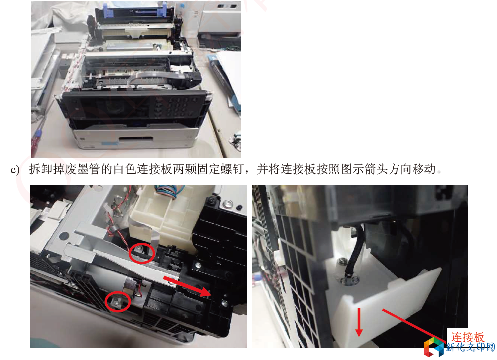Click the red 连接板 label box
pyautogui.click(x=467, y=337)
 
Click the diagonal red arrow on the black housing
pyautogui.click(x=187, y=286)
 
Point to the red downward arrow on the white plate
pyautogui.click(x=359, y=322)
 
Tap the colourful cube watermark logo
pyautogui.click(x=434, y=347)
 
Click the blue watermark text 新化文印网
pyautogui.click(x=470, y=347)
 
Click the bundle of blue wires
pyautogui.click(x=166, y=192)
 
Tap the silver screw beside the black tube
pyautogui.click(x=342, y=261)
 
